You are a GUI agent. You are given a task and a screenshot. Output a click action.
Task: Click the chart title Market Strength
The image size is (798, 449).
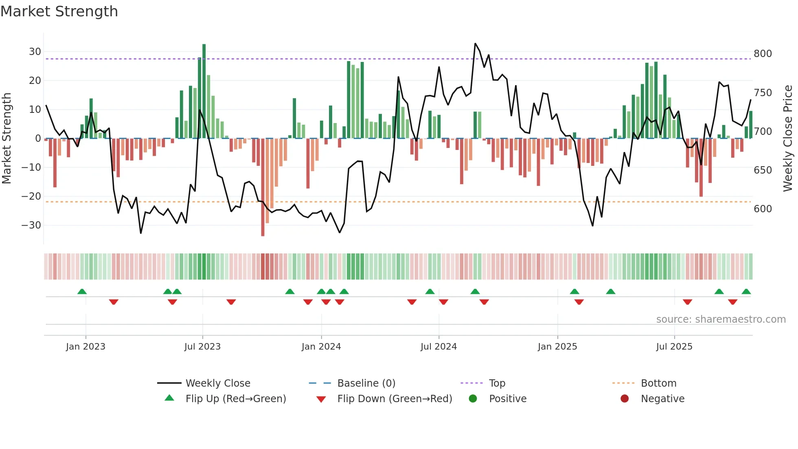[59, 11]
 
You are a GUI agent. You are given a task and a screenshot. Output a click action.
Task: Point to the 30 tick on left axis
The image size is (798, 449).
[35, 52]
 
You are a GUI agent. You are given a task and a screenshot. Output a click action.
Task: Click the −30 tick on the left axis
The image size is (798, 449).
[32, 225]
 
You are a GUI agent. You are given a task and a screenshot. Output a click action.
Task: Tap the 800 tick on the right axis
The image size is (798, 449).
[763, 54]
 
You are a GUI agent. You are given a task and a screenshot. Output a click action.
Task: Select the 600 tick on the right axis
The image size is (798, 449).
[763, 209]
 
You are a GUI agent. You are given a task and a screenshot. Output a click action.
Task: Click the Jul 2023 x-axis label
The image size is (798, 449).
[202, 347]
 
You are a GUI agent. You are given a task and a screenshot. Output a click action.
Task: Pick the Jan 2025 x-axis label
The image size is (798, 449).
[557, 347]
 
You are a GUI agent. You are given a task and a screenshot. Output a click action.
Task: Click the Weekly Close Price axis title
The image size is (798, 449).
[788, 139]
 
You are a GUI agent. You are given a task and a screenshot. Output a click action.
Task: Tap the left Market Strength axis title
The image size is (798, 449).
[7, 139]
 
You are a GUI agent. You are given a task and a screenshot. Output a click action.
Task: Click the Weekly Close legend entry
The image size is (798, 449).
[217, 383]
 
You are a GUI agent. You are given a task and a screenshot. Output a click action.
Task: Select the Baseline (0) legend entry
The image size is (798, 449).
[366, 383]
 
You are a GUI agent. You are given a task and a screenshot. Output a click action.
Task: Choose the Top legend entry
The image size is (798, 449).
[497, 383]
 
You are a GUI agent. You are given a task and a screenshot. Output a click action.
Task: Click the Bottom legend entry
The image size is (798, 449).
[658, 383]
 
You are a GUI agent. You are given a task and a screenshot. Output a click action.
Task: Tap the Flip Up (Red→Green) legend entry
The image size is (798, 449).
[235, 399]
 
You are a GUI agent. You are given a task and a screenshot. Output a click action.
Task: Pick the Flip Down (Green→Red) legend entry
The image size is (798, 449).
[394, 399]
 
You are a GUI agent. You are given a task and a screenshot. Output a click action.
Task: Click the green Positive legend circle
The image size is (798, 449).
[473, 399]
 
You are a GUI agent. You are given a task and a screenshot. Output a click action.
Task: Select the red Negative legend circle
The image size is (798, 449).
[625, 399]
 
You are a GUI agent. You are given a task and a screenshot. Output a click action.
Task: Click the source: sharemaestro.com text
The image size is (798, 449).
[721, 319]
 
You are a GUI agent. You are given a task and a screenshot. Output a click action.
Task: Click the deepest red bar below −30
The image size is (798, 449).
[263, 187]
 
